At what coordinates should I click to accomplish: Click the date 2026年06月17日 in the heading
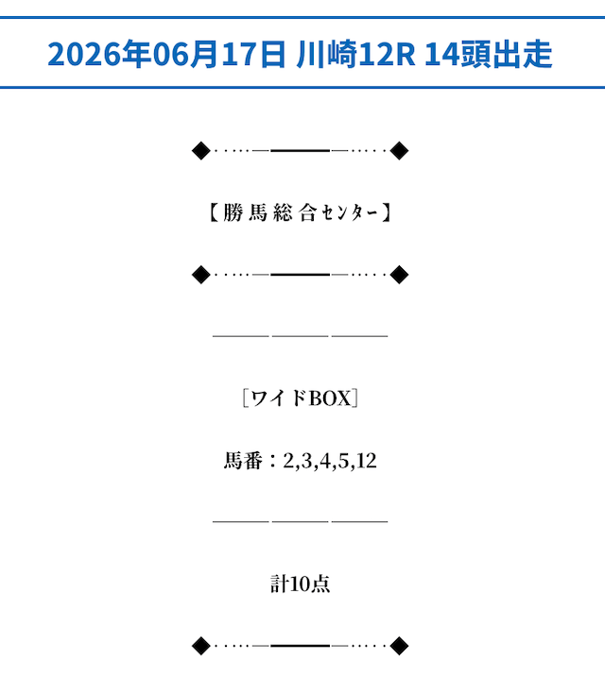click(166, 54)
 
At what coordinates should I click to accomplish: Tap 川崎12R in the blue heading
click(355, 54)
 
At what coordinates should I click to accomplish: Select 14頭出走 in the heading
click(489, 54)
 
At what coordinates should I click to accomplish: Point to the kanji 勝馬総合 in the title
click(270, 212)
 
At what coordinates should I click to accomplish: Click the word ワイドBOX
click(301, 398)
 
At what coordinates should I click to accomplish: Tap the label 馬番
click(243, 461)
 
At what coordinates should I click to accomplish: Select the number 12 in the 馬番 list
click(367, 461)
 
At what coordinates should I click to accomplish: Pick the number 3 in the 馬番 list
click(306, 461)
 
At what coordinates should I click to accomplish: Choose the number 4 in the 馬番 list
click(325, 461)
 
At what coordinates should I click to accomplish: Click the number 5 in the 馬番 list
click(343, 461)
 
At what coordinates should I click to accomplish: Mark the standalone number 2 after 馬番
click(288, 461)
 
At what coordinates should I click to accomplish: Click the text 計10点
click(301, 584)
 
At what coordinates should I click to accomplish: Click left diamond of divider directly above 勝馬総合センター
click(201, 151)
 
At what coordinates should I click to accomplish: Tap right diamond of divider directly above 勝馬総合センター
click(399, 151)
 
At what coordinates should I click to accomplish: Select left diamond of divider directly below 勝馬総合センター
click(201, 275)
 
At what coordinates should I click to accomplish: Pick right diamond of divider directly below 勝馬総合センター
click(399, 275)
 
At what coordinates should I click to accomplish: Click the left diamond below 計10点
click(201, 646)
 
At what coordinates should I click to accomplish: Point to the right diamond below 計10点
click(399, 646)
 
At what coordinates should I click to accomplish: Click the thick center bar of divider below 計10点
click(301, 646)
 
